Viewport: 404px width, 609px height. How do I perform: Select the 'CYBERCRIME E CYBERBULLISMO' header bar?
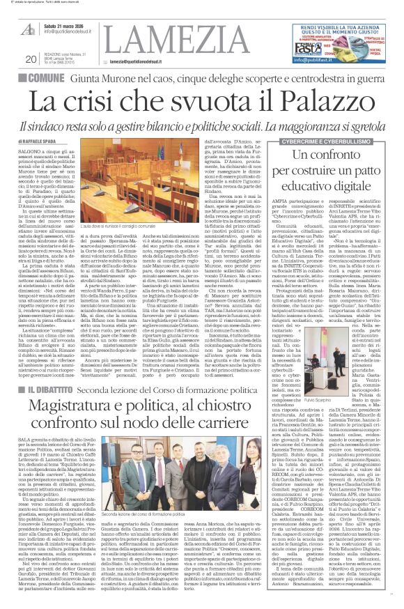click(x=339, y=142)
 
